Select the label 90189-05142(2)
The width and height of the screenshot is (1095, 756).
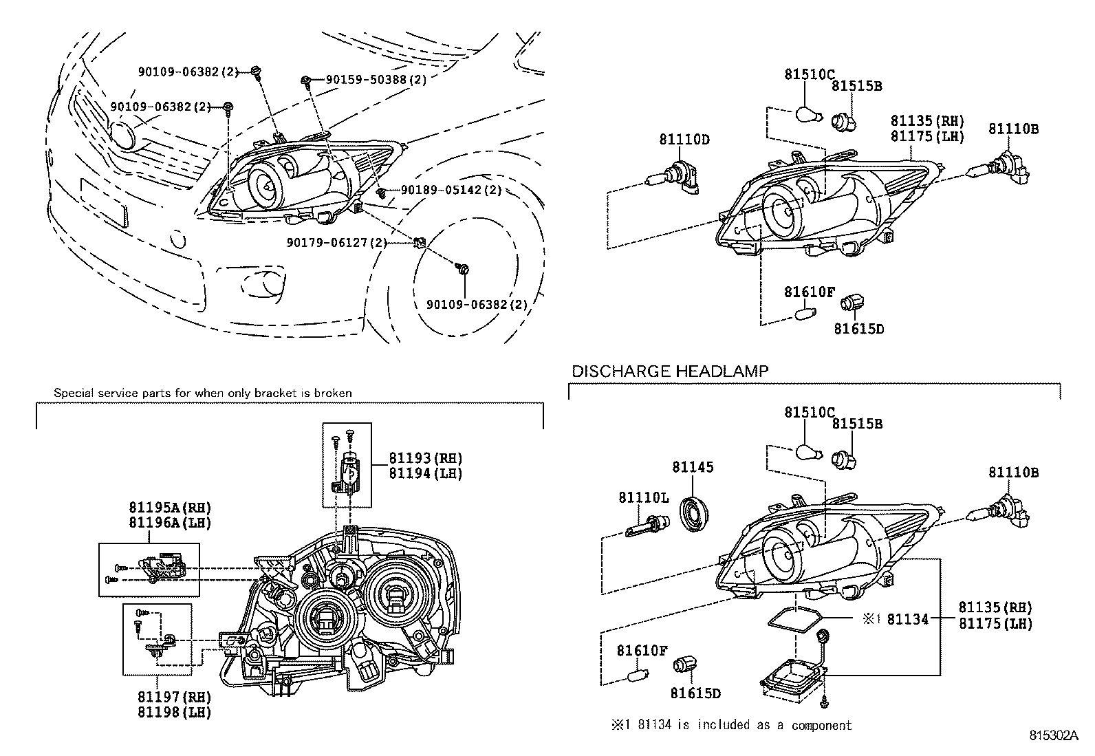(451, 190)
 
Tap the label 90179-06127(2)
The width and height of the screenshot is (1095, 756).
(336, 242)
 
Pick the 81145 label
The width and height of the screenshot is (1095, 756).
(693, 467)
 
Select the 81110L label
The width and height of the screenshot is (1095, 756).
(643, 497)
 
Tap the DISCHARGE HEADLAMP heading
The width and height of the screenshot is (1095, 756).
(670, 371)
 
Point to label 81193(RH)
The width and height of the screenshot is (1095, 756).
(425, 458)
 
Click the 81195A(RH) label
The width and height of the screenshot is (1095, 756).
(169, 507)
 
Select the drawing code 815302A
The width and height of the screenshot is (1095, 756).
(1053, 735)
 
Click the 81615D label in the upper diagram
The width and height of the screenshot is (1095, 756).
(858, 329)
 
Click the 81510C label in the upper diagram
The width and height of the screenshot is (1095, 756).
(810, 74)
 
